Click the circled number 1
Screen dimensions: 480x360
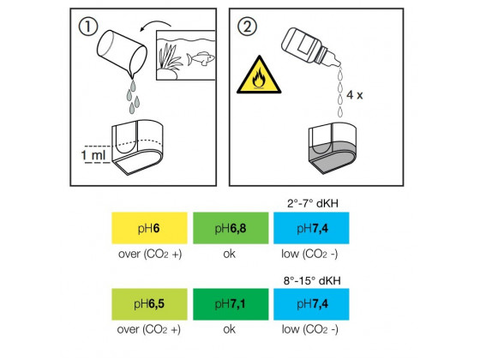click(x=88, y=27)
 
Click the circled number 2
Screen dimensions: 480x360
click(x=247, y=27)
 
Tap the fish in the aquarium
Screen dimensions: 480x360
click(x=201, y=58)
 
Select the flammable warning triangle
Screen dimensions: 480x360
click(x=259, y=75)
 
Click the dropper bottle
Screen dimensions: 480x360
click(x=310, y=46)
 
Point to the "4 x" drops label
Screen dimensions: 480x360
click(x=355, y=95)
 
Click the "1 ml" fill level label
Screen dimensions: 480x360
click(x=93, y=155)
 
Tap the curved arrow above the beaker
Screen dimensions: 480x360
click(x=155, y=25)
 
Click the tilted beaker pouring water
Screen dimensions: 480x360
click(x=122, y=53)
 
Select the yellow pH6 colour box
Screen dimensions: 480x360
click(x=149, y=228)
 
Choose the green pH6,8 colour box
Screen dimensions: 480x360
click(x=231, y=228)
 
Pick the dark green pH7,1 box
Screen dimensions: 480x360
click(x=231, y=304)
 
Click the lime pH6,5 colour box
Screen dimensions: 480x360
click(x=149, y=304)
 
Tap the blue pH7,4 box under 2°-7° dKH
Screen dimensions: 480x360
click(x=311, y=228)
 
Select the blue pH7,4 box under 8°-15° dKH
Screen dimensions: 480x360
click(x=311, y=304)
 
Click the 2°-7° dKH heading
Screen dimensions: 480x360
click(x=313, y=203)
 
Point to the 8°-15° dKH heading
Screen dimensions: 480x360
click(x=312, y=280)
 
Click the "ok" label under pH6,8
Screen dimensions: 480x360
click(x=230, y=254)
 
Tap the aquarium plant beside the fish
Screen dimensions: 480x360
click(x=169, y=58)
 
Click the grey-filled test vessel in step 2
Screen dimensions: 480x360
click(x=333, y=147)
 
